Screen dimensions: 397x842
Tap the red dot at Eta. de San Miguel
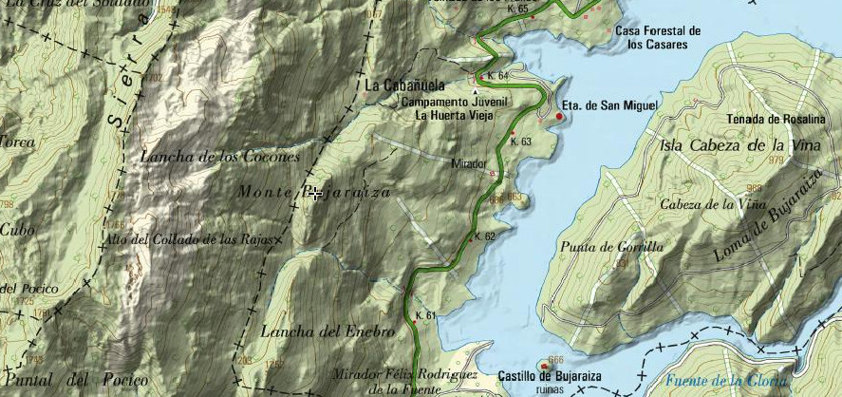coord(559,117)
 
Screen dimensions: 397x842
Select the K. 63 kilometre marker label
coord(520,142)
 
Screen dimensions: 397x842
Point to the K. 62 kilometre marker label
coord(484,236)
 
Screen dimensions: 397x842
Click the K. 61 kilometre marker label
coord(425,315)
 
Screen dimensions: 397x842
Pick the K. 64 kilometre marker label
coord(496,75)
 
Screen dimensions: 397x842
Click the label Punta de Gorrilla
coord(612,247)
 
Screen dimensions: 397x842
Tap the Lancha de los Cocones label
coord(220,156)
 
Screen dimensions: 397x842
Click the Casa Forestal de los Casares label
coord(658,37)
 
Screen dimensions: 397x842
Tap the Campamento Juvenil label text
coord(456,101)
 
